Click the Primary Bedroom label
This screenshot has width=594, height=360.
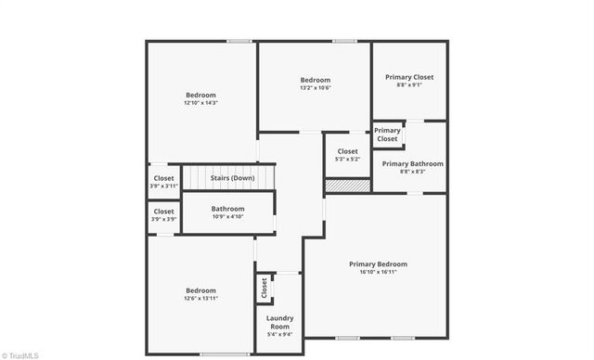[x=378, y=264]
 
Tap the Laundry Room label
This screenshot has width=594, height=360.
[x=280, y=322]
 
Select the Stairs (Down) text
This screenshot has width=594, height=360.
[x=232, y=178]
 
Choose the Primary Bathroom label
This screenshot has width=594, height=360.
[x=413, y=163]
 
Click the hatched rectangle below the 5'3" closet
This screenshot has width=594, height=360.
[x=347, y=186]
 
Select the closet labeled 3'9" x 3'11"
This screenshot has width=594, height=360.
[x=163, y=181]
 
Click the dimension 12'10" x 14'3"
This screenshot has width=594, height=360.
[x=200, y=104]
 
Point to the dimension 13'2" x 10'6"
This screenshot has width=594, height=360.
[x=316, y=88]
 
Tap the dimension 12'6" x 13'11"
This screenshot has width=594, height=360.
[x=200, y=299]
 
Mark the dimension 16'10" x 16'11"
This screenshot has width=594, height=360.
[x=378, y=273]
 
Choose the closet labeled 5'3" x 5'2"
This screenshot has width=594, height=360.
[x=347, y=155]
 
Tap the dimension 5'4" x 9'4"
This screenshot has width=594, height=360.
[x=280, y=334]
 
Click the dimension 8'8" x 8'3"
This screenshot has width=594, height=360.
[x=413, y=172]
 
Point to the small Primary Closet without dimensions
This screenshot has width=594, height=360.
[x=388, y=135]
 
